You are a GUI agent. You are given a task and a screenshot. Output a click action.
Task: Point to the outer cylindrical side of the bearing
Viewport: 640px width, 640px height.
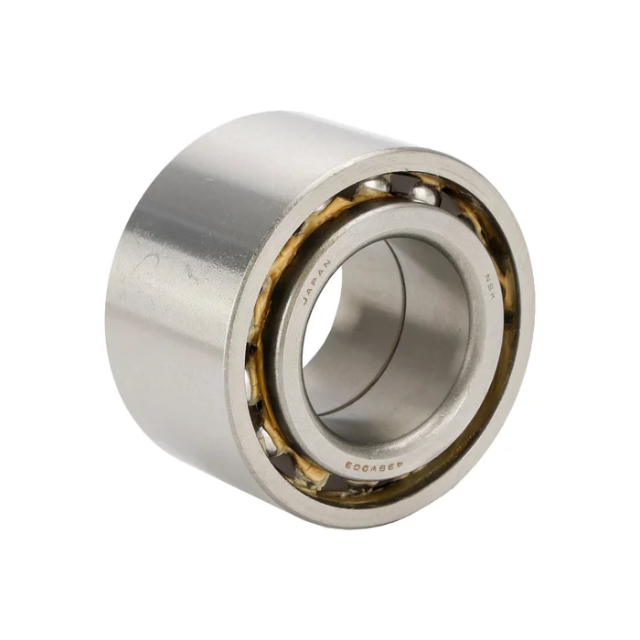click(174, 320)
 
